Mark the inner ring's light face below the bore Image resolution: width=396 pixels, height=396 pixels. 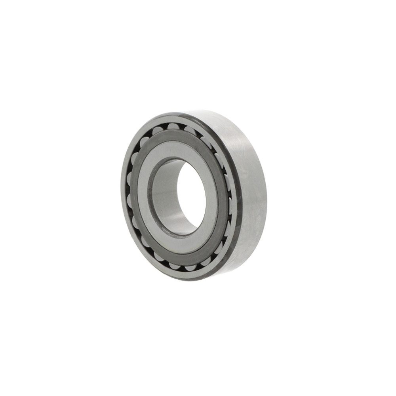tap(178, 247)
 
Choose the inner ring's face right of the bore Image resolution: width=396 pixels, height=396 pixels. tap(214, 198)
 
